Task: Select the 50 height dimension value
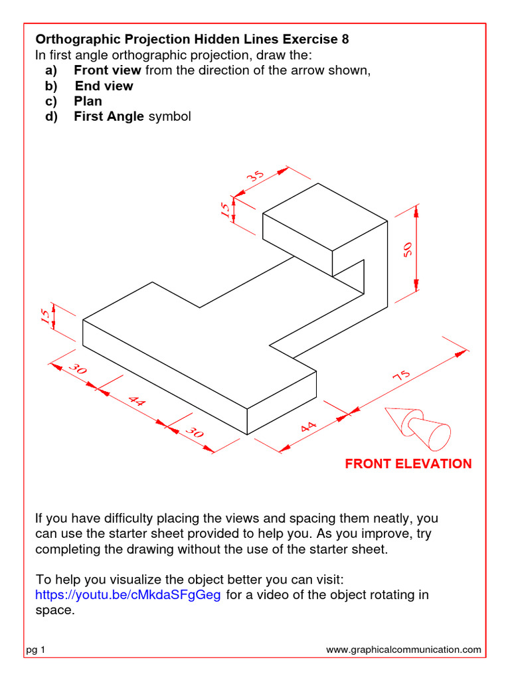407,248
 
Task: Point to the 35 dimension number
256,177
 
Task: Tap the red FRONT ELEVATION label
408,464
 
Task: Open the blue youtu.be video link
127,594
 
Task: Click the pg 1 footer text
35,650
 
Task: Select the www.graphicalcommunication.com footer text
404,650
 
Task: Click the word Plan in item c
88,101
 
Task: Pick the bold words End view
104,86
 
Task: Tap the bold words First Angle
108,116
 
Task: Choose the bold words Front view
108,70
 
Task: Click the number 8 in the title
345,39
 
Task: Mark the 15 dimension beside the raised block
226,211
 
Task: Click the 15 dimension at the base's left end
45,317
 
